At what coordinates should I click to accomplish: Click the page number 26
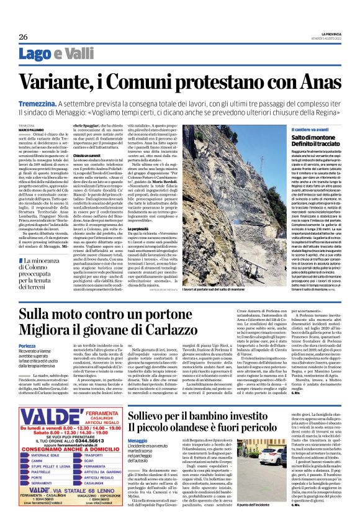(x=23, y=37)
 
